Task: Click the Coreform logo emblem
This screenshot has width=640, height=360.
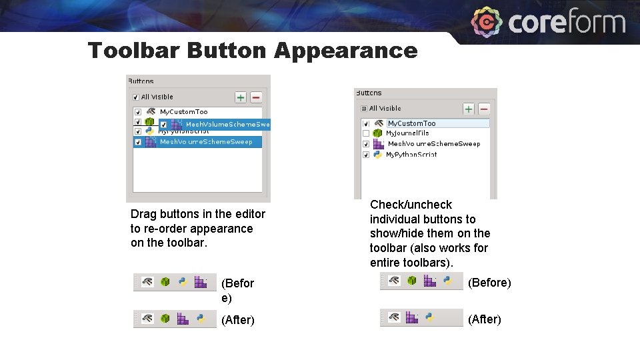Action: coord(487,23)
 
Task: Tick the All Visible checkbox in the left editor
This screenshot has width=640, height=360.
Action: coord(136,97)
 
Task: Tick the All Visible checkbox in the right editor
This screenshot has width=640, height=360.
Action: coord(364,108)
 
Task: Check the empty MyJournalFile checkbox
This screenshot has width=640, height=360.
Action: coord(365,133)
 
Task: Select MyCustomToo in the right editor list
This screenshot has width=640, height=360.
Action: coord(411,123)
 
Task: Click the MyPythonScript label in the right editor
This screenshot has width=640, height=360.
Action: coord(411,154)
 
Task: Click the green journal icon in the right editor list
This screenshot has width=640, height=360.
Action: coord(377,133)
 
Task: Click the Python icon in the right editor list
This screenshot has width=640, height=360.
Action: coord(377,154)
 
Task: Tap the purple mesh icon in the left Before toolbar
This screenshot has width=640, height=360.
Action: coord(200,282)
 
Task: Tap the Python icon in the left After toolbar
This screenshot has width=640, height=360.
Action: coord(199,319)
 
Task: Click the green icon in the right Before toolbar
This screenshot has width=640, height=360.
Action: coord(412,281)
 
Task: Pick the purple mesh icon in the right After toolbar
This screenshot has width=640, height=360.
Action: coord(412,318)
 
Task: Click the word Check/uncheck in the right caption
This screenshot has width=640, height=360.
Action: coord(411,205)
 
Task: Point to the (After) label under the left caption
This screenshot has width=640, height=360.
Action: coord(237,320)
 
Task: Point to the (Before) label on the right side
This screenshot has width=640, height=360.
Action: coord(489,283)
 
